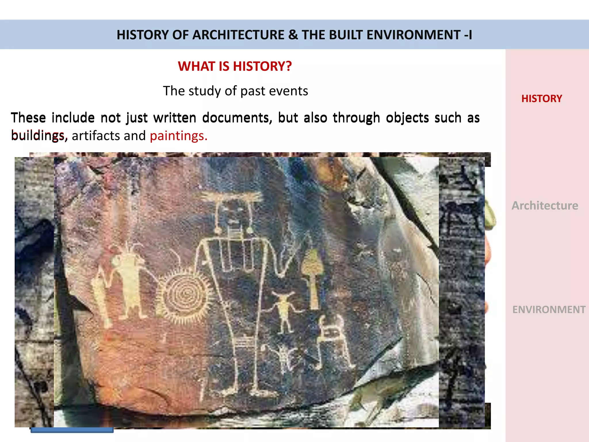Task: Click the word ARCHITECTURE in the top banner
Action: pyautogui.click(x=238, y=35)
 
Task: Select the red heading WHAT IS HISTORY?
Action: pyautogui.click(x=235, y=66)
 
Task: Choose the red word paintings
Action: pyautogui.click(x=178, y=136)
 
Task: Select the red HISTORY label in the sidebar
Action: pyautogui.click(x=542, y=98)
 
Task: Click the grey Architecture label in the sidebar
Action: pyautogui.click(x=545, y=205)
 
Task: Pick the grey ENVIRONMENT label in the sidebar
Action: pyautogui.click(x=549, y=310)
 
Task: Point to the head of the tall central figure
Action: pyautogui.click(x=233, y=214)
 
